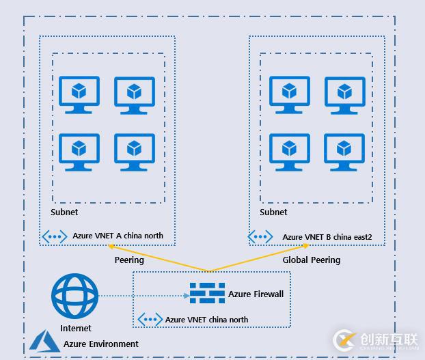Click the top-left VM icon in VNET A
79,95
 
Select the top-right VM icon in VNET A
134,95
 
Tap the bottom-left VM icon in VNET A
79,152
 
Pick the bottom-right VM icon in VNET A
134,152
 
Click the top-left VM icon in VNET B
290,95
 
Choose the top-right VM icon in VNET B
344,95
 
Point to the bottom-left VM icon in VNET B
290,152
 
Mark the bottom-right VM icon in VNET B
344,152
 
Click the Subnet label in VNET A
64,212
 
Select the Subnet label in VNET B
273,212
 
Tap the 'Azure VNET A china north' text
118,236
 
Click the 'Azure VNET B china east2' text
327,237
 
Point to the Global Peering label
311,260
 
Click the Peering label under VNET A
128,260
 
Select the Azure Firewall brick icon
207,294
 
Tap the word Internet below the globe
75,329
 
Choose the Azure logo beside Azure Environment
43,341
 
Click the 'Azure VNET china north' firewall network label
206,320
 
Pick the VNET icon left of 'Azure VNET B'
260,237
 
